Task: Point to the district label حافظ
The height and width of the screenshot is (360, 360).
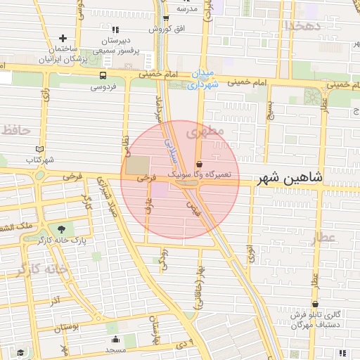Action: click(17, 130)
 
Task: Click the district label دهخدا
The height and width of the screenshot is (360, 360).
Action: click(302, 26)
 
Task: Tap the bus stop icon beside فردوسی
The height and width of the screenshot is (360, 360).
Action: click(103, 76)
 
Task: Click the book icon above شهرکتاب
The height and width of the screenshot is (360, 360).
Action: click(39, 150)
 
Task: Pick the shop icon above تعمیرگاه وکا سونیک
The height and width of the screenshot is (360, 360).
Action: click(200, 163)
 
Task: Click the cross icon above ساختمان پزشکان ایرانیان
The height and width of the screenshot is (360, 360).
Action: click(63, 39)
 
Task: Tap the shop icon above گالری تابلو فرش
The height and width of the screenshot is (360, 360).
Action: click(315, 304)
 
